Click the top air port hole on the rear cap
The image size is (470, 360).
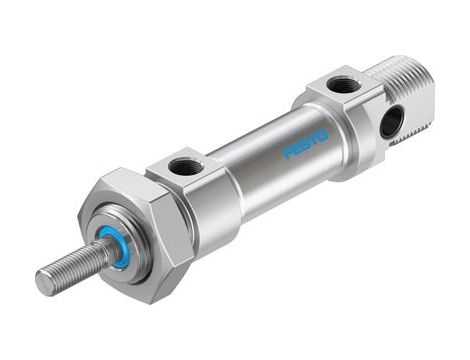click(343, 85)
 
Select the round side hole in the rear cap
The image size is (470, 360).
click(392, 122)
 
